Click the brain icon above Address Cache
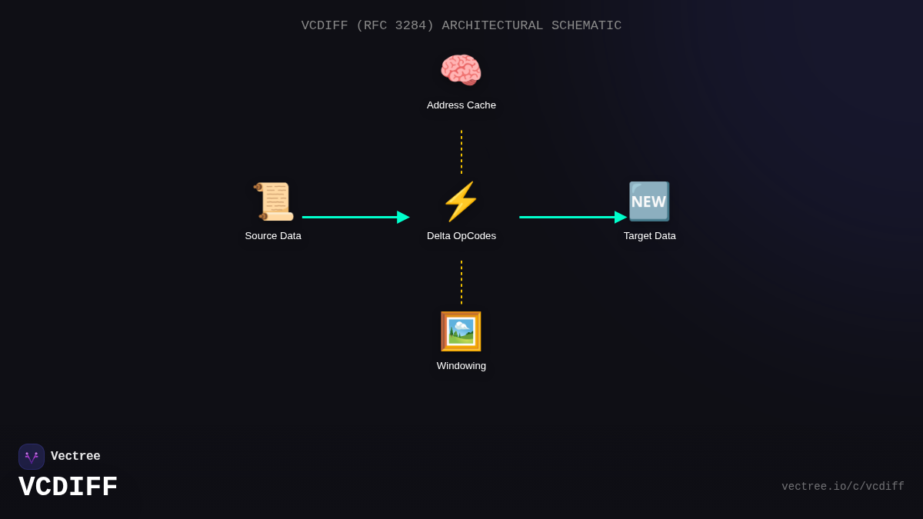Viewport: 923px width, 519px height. pos(461,71)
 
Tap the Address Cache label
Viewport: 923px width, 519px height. pos(461,105)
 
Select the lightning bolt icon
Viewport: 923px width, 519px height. pos(461,201)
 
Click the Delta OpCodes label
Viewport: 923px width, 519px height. pos(461,236)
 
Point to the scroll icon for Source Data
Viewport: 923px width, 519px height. pos(273,201)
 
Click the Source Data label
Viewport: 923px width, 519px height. pos(273,236)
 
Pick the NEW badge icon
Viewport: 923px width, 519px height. pos(649,201)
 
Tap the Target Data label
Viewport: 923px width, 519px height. pos(650,236)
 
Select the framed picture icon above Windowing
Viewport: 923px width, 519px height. pos(461,331)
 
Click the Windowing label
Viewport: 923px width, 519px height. pos(461,366)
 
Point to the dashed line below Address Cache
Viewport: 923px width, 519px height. pos(461,151)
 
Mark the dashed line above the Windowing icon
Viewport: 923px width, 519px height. pos(461,282)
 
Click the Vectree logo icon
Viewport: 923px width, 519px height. pos(32,457)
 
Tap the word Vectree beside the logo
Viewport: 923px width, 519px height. pos(75,457)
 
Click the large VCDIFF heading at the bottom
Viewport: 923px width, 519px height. pos(68,487)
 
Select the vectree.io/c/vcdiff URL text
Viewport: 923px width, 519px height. pos(843,487)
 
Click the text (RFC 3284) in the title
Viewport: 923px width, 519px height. pos(395,25)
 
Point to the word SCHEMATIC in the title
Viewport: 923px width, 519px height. pos(586,25)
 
